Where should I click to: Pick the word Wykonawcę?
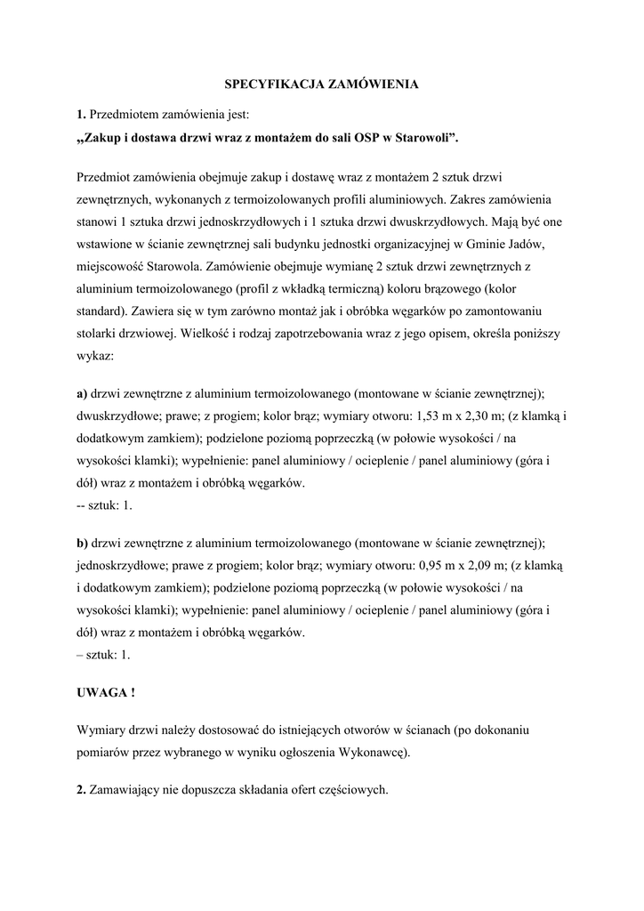tap(374, 752)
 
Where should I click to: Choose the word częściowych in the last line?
tap(355, 790)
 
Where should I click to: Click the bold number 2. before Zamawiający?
tap(81, 790)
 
